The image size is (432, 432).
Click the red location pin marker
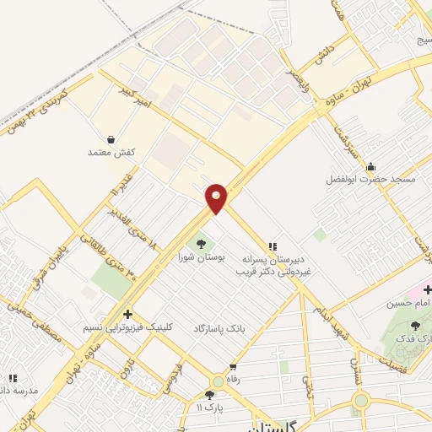216,199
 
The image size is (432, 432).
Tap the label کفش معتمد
111,153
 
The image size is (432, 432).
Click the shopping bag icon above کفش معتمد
111,139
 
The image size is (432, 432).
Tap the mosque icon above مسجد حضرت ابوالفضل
370,166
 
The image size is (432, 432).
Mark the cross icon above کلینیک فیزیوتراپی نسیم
127,312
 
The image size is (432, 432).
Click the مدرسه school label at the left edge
19,391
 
